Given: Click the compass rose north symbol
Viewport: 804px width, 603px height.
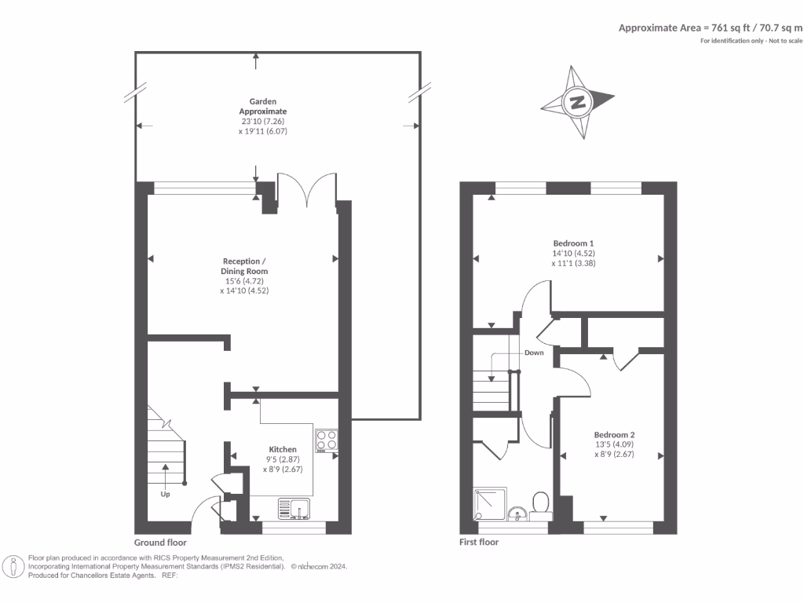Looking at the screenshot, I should pos(578,102).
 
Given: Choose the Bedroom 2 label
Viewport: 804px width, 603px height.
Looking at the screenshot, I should pos(614,435).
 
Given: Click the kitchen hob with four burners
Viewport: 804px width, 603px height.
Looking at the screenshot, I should pos(327,441).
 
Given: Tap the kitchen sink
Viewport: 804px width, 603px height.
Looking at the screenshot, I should pos(294,509).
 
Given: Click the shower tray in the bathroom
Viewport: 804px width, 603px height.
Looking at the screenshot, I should pos(489,504).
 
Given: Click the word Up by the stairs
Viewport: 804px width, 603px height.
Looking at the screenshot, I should pos(165,495).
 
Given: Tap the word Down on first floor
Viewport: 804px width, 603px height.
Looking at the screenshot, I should pos(534,353).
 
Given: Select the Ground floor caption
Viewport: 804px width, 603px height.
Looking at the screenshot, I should pos(160,543).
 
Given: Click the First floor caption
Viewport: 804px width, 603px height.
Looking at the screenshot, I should pos(478,543).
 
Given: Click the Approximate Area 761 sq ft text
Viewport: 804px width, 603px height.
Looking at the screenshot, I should pos(711,27).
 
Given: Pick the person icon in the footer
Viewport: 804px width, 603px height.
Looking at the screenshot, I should pos(13,566).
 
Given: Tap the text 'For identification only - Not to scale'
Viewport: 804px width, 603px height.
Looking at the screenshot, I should pos(751,40).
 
